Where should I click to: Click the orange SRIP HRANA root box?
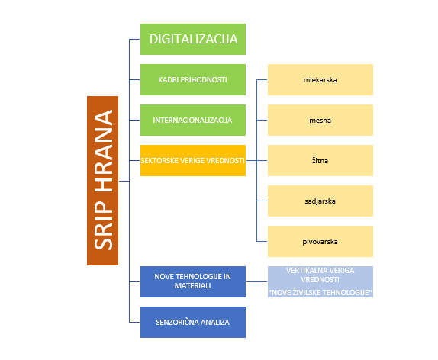point(102,181)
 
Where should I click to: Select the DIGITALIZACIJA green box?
point(193,39)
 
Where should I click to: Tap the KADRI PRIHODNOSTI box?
point(193,79)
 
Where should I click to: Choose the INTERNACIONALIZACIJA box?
point(193,120)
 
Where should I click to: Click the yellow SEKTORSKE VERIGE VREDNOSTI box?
point(193,161)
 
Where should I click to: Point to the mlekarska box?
point(320,79)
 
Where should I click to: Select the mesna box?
point(320,120)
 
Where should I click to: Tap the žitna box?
point(320,161)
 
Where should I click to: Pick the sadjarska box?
point(320,201)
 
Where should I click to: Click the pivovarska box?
point(320,241)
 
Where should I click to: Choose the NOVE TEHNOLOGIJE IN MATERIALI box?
point(193,281)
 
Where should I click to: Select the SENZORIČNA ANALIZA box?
point(193,323)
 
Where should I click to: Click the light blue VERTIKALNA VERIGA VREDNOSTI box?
point(320,281)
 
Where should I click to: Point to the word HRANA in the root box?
point(103,151)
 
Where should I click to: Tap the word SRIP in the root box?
point(103,225)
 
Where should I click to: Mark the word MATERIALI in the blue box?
point(193,286)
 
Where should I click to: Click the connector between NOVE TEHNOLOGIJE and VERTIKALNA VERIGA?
point(257,281)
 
